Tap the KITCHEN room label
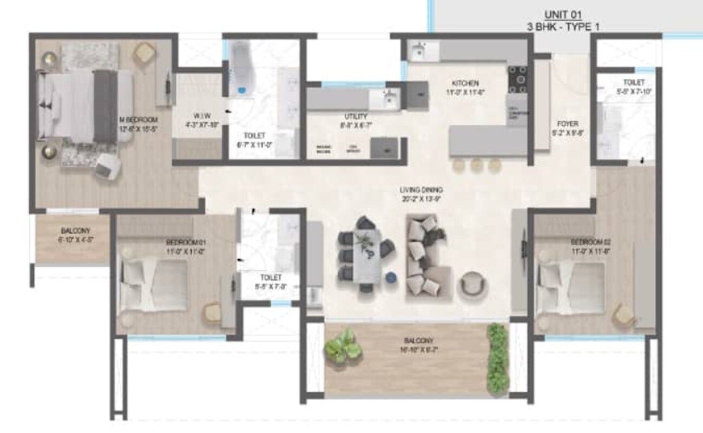tap(465, 83)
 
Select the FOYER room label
tap(566, 124)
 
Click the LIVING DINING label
tap(422, 190)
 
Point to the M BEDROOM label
tap(139, 120)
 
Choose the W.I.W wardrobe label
tap(198, 115)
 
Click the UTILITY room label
tap(356, 116)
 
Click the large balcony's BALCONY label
tap(419, 341)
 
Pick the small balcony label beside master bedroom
tap(72, 231)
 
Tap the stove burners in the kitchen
tap(517, 80)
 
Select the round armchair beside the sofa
tap(472, 284)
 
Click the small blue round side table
tap(391, 278)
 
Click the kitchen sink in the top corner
tap(419, 52)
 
